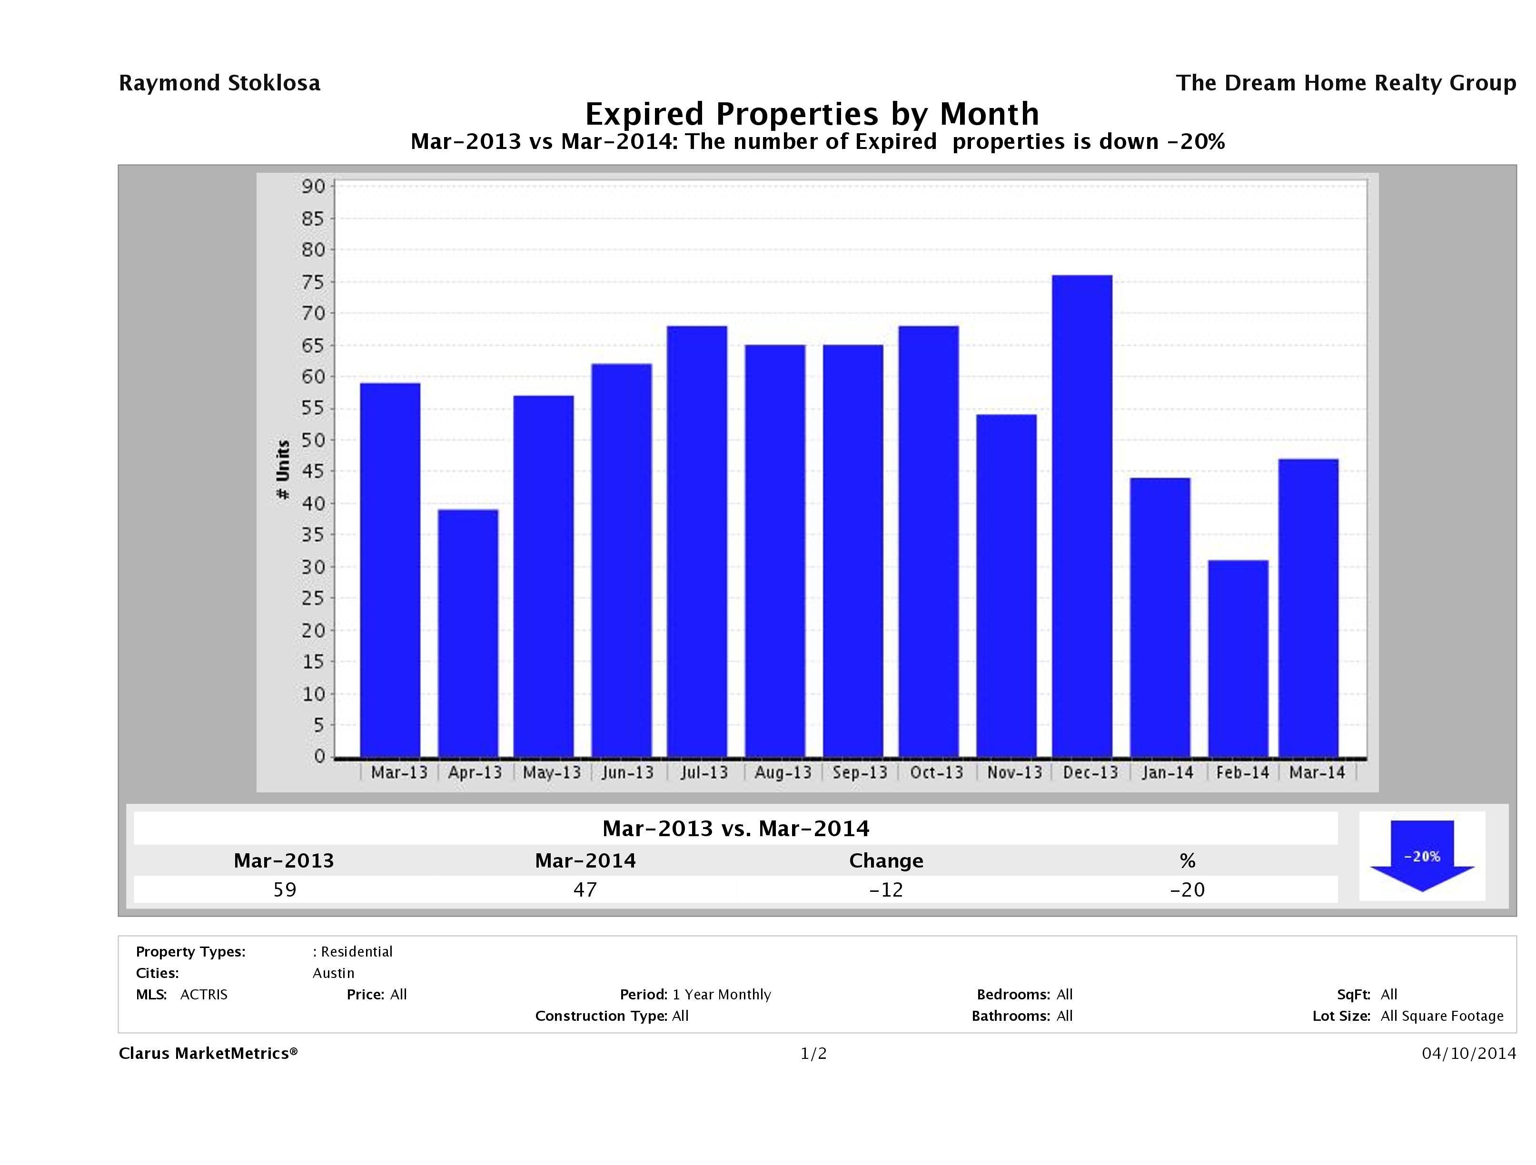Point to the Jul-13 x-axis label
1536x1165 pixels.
click(x=704, y=773)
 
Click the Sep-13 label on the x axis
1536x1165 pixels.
click(x=860, y=773)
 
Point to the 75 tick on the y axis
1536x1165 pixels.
click(x=313, y=282)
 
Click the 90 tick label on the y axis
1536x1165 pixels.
click(x=313, y=186)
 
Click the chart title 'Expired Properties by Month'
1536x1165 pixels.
click(x=812, y=113)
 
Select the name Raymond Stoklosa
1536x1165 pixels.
click(x=219, y=83)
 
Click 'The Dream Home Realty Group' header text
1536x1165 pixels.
click(x=1346, y=83)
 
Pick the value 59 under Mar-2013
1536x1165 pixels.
click(x=285, y=889)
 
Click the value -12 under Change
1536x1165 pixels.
click(x=886, y=889)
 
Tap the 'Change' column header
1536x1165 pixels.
click(x=886, y=861)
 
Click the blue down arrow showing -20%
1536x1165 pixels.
click(x=1421, y=856)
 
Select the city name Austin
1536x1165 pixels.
click(x=333, y=973)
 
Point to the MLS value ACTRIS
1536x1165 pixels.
click(x=203, y=995)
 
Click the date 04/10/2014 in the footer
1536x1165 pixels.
click(x=1468, y=1054)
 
